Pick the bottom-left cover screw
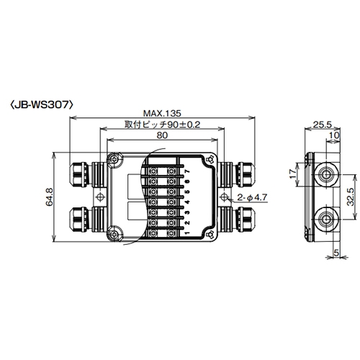tap(112, 233)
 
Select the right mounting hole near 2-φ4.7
tap(224, 197)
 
